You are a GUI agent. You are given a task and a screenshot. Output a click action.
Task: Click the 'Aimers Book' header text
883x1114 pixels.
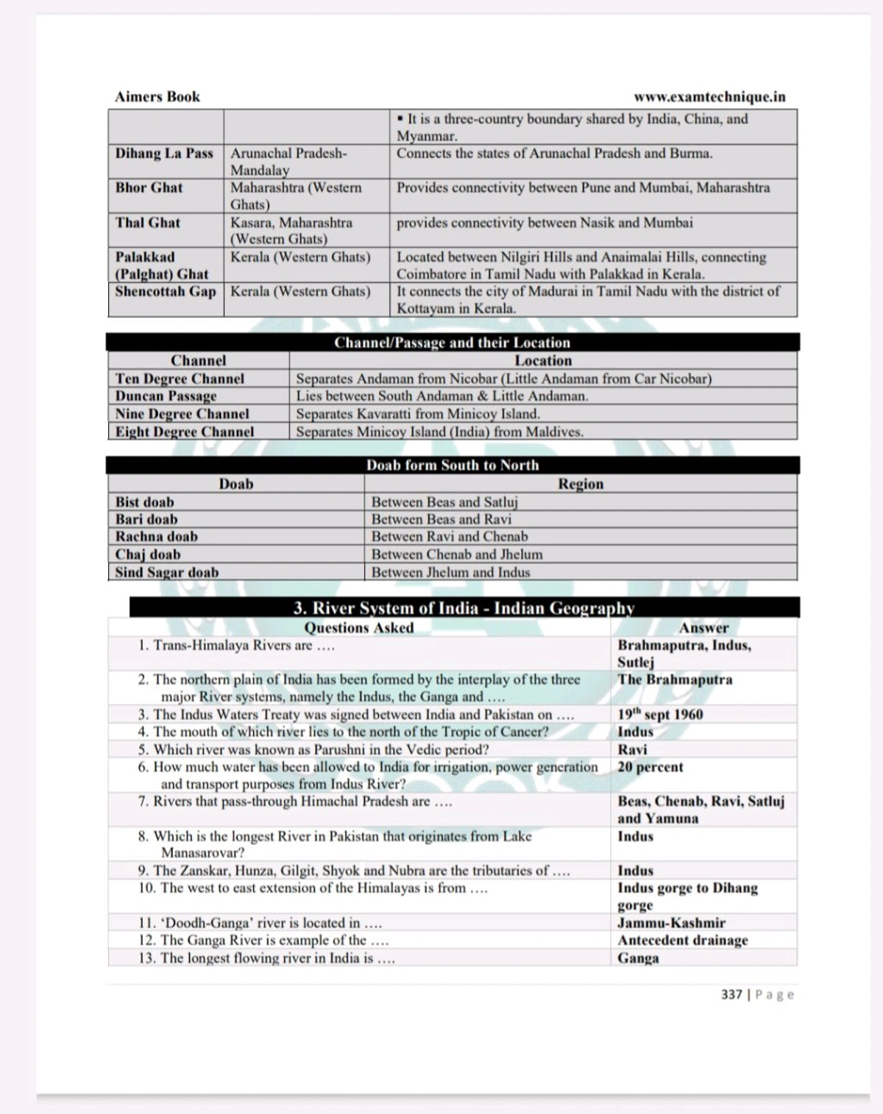(157, 97)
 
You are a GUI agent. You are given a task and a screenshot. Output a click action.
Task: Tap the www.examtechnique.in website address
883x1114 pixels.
(709, 97)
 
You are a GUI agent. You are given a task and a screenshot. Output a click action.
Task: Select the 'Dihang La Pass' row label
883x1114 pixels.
(164, 154)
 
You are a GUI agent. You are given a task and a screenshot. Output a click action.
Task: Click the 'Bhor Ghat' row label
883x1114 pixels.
(149, 188)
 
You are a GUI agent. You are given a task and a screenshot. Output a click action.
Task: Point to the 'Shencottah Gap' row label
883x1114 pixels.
(166, 291)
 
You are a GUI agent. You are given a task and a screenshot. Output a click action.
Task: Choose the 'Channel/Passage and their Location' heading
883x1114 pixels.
(452, 343)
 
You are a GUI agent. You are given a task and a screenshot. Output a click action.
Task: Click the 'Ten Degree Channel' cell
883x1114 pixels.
(180, 379)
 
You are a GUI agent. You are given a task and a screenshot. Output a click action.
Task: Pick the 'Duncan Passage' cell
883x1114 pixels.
(166, 396)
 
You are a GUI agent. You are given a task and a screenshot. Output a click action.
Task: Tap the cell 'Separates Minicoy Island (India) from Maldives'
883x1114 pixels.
(439, 432)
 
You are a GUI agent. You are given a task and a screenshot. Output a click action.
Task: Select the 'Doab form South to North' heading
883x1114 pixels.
(452, 465)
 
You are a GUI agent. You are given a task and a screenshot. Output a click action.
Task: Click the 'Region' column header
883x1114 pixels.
(581, 484)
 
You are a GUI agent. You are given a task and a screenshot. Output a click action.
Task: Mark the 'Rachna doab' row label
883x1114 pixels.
(156, 537)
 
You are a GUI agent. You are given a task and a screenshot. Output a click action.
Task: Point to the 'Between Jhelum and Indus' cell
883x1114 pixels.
(450, 573)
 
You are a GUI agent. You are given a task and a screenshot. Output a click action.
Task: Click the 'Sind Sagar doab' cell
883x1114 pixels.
(166, 573)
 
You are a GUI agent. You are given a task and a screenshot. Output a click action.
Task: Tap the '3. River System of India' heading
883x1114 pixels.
(464, 608)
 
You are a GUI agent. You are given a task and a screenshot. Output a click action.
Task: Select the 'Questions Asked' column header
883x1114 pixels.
(359, 628)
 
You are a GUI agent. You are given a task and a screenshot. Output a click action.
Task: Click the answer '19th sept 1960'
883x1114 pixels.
(660, 715)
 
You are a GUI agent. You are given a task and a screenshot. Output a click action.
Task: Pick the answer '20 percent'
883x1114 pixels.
(650, 767)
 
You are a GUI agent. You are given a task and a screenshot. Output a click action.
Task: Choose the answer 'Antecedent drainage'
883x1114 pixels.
(682, 940)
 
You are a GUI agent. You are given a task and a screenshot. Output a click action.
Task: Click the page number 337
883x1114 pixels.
(731, 995)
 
